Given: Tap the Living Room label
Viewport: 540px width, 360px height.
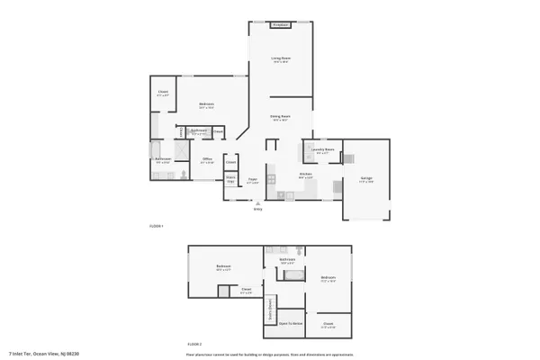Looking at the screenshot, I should (x=281, y=59).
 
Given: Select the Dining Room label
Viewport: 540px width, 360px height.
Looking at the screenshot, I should (x=280, y=117).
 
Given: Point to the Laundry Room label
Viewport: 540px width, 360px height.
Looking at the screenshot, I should (x=324, y=150).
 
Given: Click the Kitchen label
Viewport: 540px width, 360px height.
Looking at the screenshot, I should (x=305, y=175).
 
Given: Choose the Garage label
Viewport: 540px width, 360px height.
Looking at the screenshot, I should (x=366, y=178).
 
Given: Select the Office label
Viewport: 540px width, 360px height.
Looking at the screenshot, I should (x=206, y=161).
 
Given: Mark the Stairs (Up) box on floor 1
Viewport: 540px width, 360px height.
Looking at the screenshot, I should (x=230, y=180).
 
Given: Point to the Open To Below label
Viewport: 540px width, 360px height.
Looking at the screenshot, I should (x=291, y=322).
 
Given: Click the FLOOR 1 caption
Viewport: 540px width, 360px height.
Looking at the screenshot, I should (x=156, y=226).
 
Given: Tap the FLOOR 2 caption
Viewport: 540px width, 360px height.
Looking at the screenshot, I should (x=193, y=345).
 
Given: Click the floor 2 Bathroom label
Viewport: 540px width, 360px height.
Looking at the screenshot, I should (x=287, y=260).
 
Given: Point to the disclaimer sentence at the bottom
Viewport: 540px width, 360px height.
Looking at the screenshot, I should (x=269, y=354).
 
